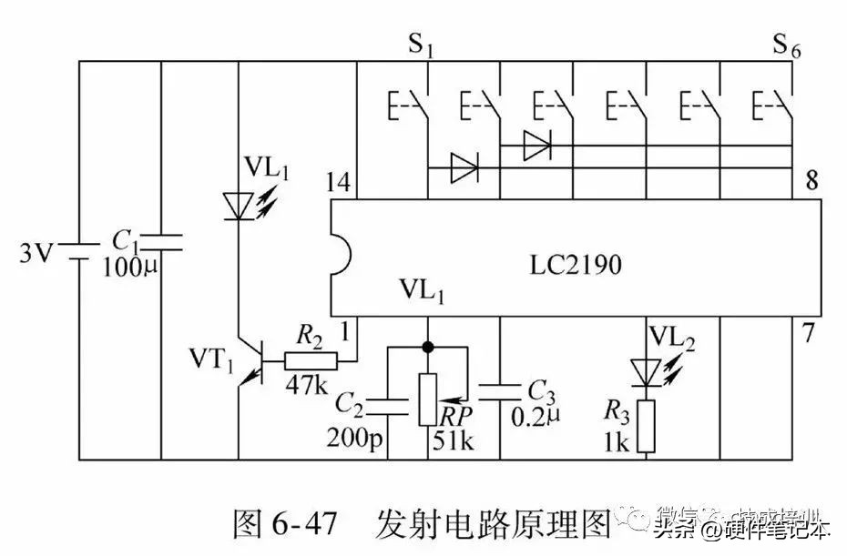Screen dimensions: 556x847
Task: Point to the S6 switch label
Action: (x=787, y=45)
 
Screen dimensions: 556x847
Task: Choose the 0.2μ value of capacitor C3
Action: (x=533, y=420)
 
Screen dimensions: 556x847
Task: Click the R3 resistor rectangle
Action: (x=646, y=427)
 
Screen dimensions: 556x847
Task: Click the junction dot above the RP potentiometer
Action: (x=427, y=347)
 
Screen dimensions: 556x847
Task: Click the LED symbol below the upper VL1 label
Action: (x=238, y=205)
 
